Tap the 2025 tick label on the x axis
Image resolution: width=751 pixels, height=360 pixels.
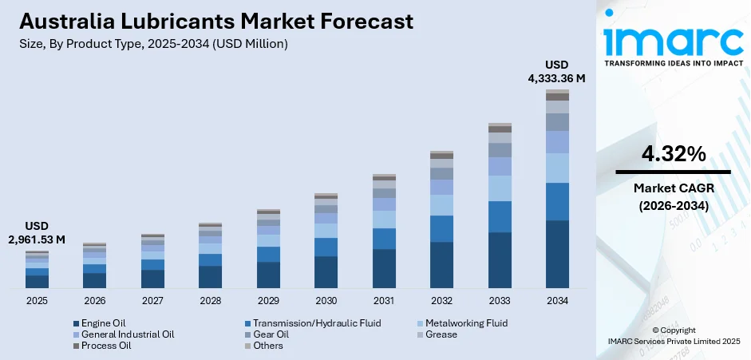37,301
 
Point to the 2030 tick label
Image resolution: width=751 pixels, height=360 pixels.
326,301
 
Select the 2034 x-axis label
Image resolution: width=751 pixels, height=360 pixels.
557,301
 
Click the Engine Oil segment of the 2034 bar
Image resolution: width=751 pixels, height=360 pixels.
557,254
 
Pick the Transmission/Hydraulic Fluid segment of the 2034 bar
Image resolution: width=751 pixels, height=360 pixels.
557,201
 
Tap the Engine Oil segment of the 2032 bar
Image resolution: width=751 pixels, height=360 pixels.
441,264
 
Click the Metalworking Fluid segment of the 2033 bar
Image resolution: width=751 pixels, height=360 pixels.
500,188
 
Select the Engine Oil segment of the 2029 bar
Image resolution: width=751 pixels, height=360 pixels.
268,275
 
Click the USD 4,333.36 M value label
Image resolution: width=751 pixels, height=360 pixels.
556,71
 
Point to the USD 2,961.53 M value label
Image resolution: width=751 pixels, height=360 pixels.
37,232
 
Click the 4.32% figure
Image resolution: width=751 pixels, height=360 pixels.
673,154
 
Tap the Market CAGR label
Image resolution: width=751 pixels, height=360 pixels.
673,188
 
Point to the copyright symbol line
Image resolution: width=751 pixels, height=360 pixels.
673,330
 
